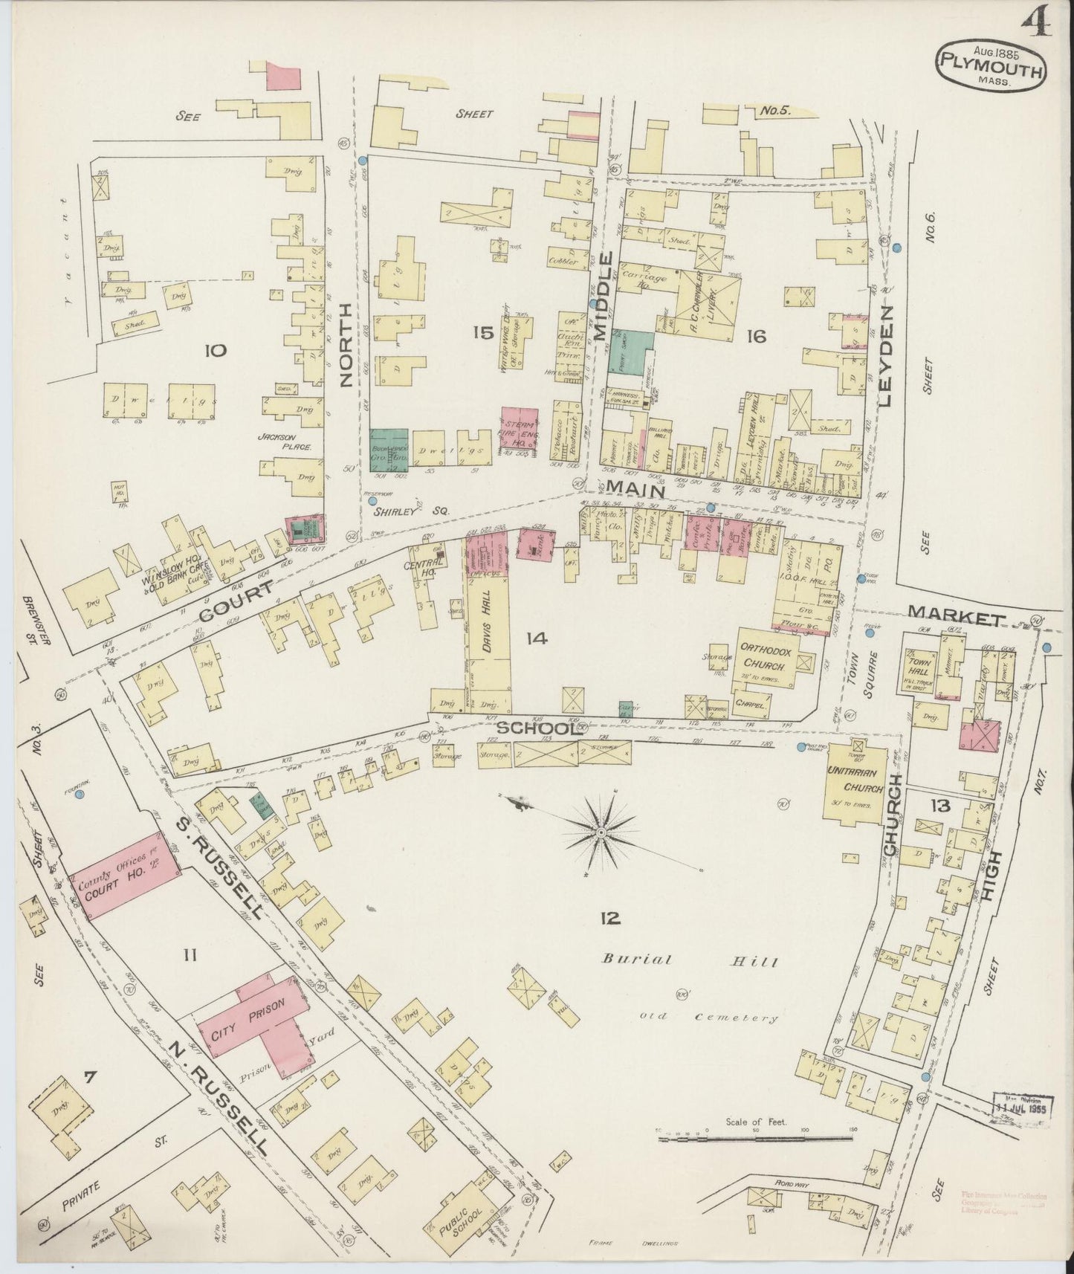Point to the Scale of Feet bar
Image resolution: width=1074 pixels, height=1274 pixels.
coord(755,1137)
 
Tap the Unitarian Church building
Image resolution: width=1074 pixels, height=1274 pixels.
coord(855,789)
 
